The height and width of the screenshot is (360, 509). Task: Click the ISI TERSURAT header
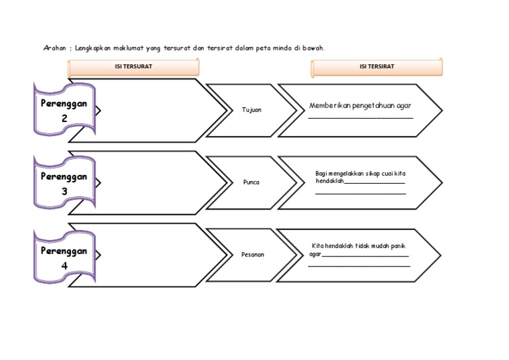point(133,67)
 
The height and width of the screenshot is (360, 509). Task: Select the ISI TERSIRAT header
point(376,67)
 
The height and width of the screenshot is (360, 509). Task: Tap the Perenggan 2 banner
point(64,110)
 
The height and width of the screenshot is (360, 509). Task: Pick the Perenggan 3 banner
point(64,183)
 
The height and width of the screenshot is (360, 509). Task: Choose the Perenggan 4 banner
point(64,257)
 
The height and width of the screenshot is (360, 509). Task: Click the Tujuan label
point(253,110)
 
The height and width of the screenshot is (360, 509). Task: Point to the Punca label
point(252,182)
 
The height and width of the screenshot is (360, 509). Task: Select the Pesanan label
point(253,254)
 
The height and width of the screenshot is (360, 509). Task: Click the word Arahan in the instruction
point(55,48)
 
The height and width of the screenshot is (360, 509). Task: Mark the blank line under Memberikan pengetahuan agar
point(361,118)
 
